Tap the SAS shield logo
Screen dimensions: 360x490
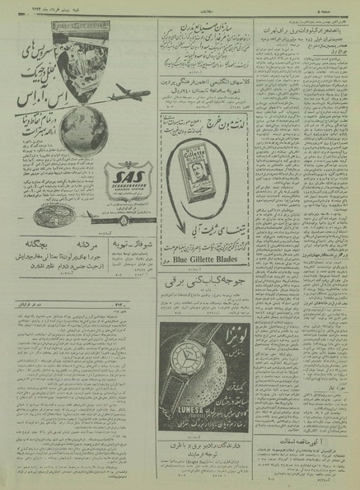(124, 176)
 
